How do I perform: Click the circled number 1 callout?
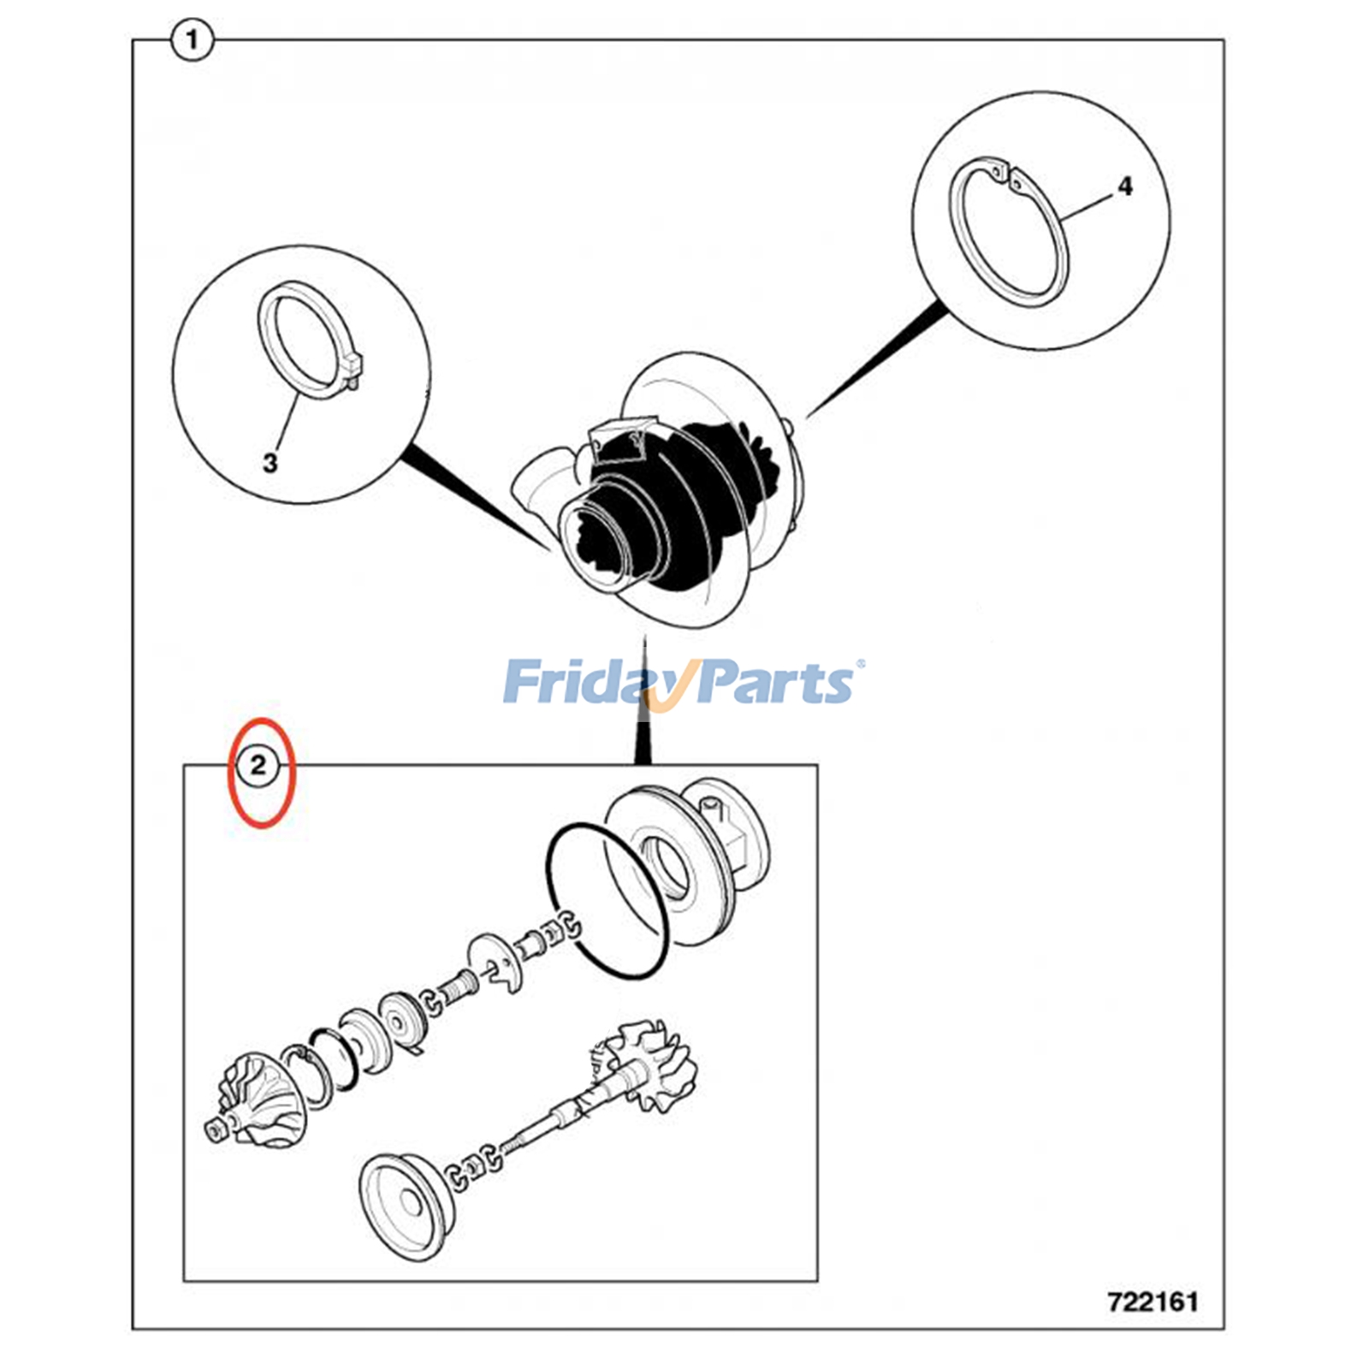(192, 40)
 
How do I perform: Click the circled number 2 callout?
(258, 764)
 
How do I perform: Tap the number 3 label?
(270, 463)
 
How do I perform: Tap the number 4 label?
(1124, 187)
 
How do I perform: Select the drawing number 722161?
(1153, 1301)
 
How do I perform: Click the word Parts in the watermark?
(770, 683)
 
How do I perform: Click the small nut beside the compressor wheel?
(215, 1131)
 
